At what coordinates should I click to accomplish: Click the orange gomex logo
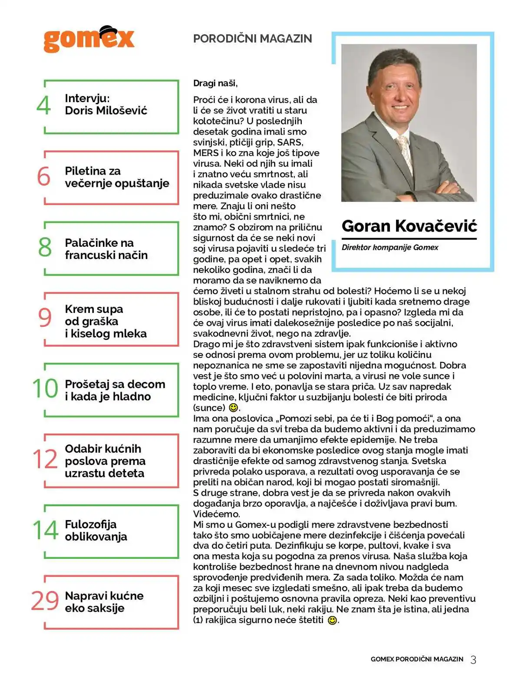tap(89, 39)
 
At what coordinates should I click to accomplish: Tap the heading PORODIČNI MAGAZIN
tap(252, 39)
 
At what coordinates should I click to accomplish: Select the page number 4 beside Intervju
tap(44, 105)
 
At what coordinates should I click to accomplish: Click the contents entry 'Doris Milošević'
tap(106, 110)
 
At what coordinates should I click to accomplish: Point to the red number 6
tap(44, 176)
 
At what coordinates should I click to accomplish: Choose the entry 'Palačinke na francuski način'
tap(106, 249)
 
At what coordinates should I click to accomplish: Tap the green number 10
tap(45, 388)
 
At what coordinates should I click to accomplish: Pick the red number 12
tap(45, 459)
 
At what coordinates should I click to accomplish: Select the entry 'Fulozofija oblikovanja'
tap(96, 531)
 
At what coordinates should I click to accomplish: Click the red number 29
tap(45, 601)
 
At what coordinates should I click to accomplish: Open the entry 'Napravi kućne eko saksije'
tap(104, 602)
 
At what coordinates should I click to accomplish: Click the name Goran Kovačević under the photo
tap(409, 226)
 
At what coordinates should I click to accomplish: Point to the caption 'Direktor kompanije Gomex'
tap(390, 248)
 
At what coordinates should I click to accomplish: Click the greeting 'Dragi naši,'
tap(215, 83)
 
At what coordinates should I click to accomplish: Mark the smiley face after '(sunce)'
tap(233, 408)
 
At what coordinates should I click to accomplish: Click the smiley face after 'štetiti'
tap(332, 620)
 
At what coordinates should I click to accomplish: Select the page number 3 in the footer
tap(473, 660)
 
